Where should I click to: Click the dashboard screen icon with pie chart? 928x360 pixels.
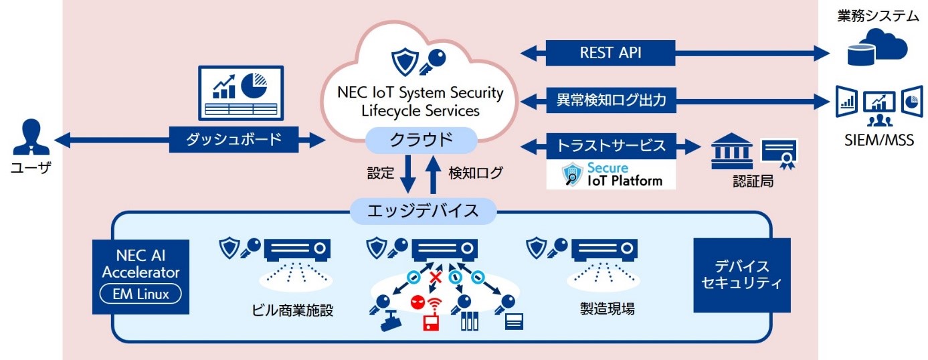(x=240, y=92)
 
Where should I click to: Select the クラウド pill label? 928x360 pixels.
(x=421, y=141)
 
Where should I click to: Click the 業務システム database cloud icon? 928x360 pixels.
(x=876, y=48)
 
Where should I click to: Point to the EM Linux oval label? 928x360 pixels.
(x=139, y=293)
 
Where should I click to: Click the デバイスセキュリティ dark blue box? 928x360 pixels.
(x=741, y=275)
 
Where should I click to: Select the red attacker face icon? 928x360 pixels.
(x=417, y=301)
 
